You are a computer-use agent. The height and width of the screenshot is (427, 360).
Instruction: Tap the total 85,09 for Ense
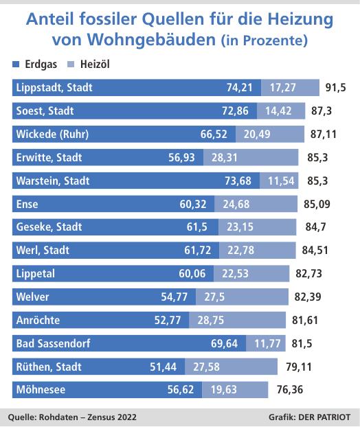(317, 205)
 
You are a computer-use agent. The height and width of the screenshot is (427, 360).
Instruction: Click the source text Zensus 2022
(102, 417)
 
